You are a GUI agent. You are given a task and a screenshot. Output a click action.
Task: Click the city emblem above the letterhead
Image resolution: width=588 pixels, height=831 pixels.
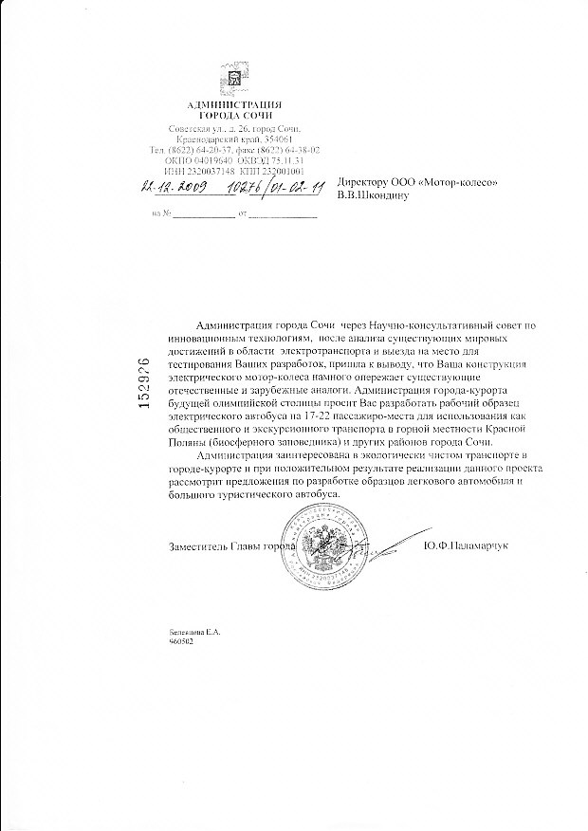coord(233,79)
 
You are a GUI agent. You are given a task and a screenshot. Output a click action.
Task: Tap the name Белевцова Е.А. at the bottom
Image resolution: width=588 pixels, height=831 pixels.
coord(193,631)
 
